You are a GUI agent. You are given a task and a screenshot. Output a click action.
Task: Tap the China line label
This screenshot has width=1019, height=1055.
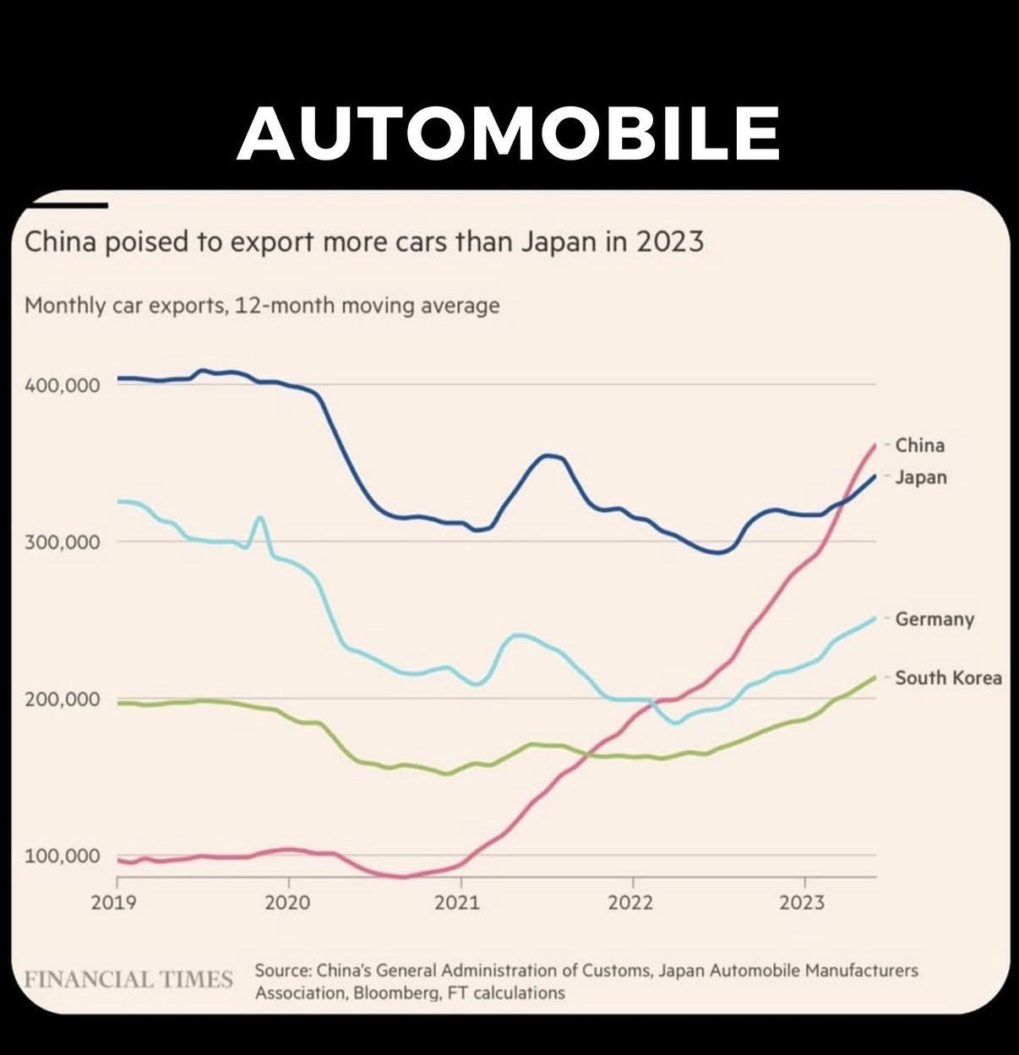click(x=919, y=445)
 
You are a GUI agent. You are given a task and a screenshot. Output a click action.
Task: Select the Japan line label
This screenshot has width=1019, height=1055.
click(x=920, y=477)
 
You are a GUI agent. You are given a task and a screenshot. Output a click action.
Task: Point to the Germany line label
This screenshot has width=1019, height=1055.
click(x=934, y=619)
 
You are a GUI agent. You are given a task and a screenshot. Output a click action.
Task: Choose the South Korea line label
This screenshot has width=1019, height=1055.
click(x=948, y=677)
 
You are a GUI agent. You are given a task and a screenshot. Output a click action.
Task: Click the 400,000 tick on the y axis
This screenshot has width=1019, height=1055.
click(x=62, y=385)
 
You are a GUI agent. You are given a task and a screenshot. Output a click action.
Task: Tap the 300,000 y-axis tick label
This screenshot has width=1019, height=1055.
click(x=62, y=541)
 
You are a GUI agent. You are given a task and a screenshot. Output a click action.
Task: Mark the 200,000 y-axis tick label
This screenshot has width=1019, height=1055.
click(x=62, y=699)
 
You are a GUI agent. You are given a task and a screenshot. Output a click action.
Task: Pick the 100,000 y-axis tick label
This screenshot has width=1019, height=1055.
click(x=62, y=857)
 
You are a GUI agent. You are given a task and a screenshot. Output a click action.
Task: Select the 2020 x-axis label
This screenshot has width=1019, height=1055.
click(x=288, y=903)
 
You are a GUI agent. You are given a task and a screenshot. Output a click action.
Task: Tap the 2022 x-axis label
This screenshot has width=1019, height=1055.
click(x=630, y=903)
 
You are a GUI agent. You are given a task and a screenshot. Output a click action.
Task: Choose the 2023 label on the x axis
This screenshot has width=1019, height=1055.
click(x=801, y=903)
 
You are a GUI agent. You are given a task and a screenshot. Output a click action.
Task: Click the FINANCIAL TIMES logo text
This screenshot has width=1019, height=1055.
click(x=128, y=980)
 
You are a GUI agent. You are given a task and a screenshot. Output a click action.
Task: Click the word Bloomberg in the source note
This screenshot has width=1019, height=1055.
click(x=392, y=992)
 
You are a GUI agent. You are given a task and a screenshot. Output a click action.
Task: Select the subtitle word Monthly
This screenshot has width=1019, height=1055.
click(x=65, y=305)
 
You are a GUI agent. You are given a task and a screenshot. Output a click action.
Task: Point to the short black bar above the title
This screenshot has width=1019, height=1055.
click(x=68, y=205)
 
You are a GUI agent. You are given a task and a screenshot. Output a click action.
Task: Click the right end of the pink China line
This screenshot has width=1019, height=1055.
click(x=875, y=444)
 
